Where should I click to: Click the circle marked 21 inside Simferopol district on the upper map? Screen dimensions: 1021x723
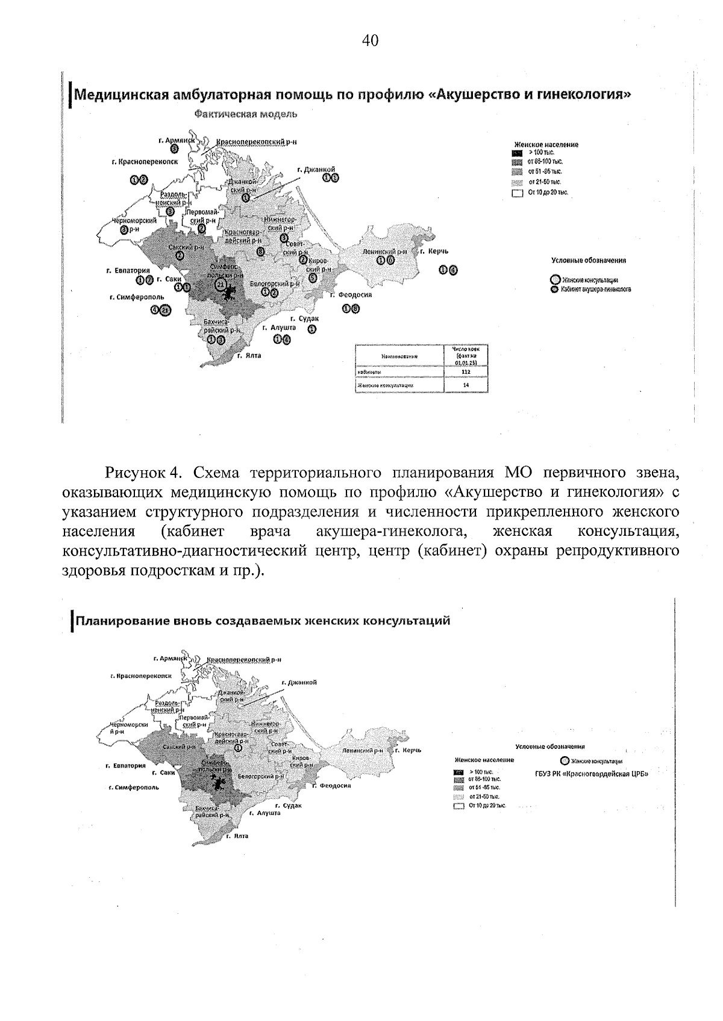(x=221, y=284)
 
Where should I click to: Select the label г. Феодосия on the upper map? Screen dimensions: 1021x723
(x=351, y=295)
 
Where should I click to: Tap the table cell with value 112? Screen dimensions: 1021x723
(x=465, y=372)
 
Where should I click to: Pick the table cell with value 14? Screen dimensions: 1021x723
(x=465, y=385)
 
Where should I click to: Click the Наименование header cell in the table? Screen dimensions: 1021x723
(x=399, y=356)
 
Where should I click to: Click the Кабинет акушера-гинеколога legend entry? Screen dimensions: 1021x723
(x=590, y=289)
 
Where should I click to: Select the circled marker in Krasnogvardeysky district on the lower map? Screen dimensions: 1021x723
(x=239, y=748)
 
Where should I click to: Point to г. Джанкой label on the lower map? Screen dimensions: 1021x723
(x=299, y=683)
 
